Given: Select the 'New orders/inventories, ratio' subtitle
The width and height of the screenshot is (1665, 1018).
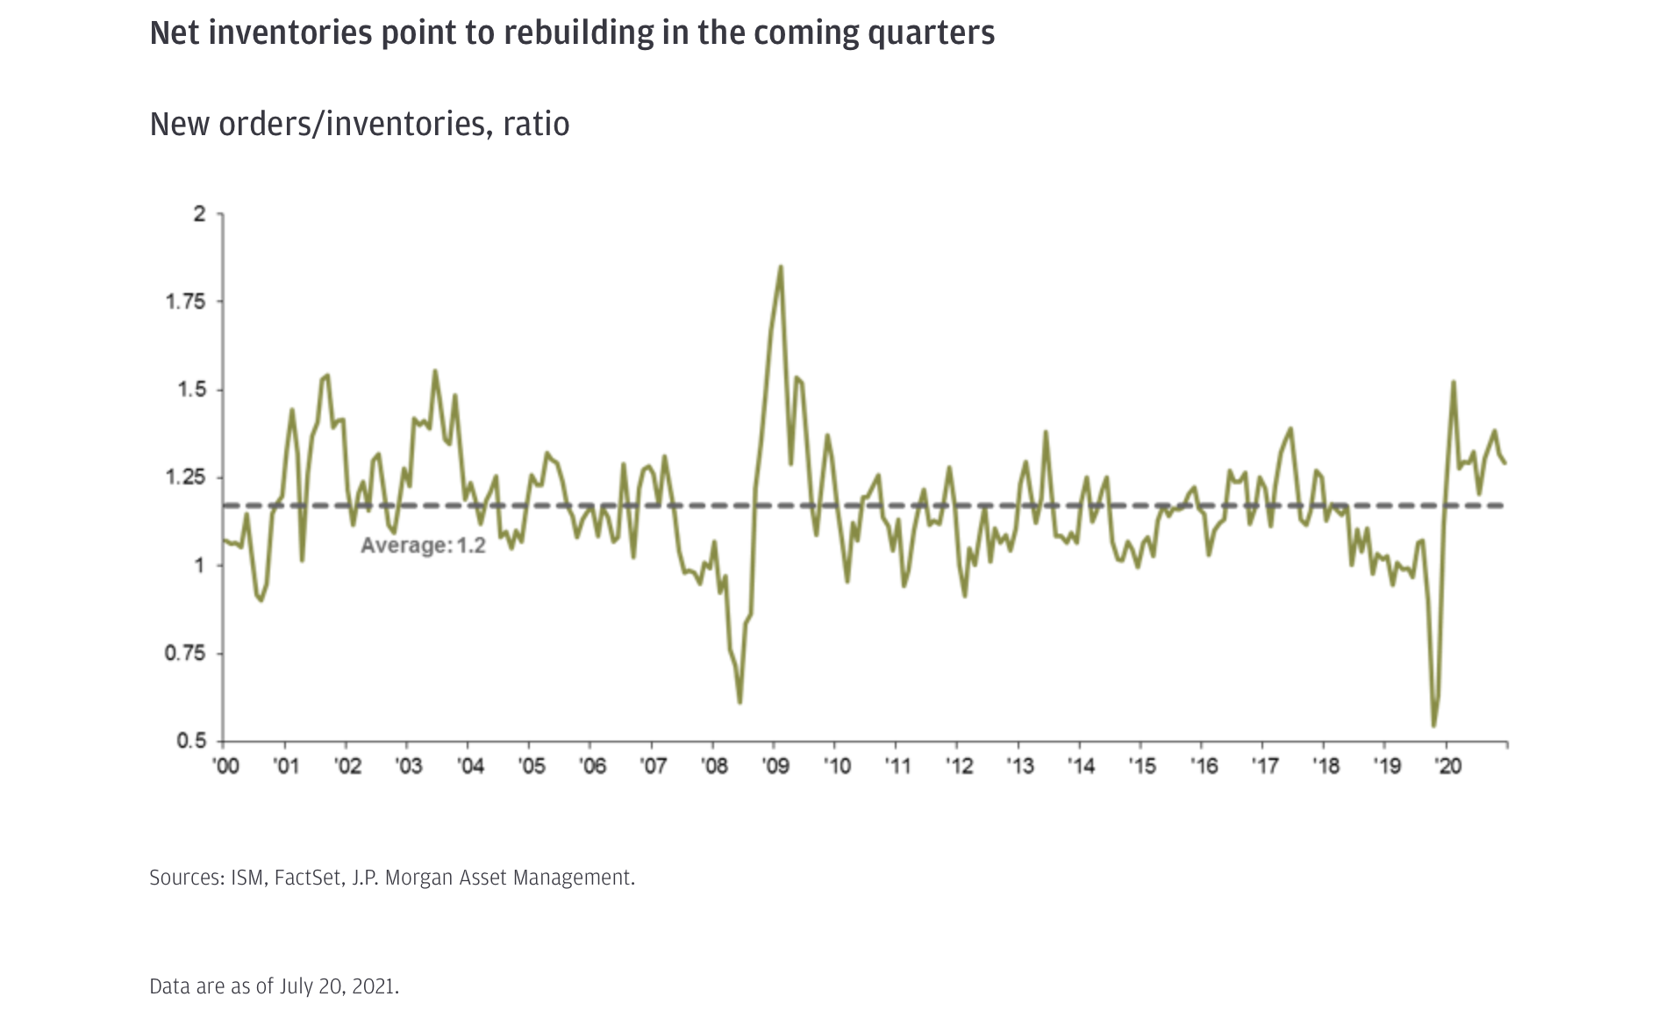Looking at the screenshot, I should (x=360, y=124).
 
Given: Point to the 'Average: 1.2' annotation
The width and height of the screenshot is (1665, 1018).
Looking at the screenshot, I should (x=423, y=546).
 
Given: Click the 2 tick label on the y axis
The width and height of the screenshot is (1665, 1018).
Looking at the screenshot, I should (x=200, y=214).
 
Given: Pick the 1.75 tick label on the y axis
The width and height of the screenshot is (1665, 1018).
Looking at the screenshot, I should (x=185, y=302).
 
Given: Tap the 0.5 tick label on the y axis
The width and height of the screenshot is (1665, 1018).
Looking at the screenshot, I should (x=190, y=742).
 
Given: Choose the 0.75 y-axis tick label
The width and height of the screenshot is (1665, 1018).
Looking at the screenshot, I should (x=185, y=654).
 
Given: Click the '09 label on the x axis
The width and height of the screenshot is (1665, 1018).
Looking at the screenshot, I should (x=775, y=766).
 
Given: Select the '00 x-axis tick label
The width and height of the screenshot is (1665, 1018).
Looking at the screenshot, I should (x=225, y=766).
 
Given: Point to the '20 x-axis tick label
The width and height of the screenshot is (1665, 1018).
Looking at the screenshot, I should (x=1447, y=766).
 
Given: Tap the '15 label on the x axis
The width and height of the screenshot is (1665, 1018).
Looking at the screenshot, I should (x=1142, y=766).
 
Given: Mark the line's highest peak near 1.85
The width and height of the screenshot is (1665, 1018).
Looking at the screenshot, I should (x=781, y=267).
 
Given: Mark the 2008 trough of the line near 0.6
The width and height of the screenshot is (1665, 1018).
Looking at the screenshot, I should (x=740, y=703).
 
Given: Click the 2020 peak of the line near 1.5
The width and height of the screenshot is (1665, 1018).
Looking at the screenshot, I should (x=1454, y=382).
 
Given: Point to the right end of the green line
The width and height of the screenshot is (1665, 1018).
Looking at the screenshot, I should (x=1506, y=463).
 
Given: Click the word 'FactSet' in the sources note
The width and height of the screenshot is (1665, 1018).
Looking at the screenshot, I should (x=308, y=878).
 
